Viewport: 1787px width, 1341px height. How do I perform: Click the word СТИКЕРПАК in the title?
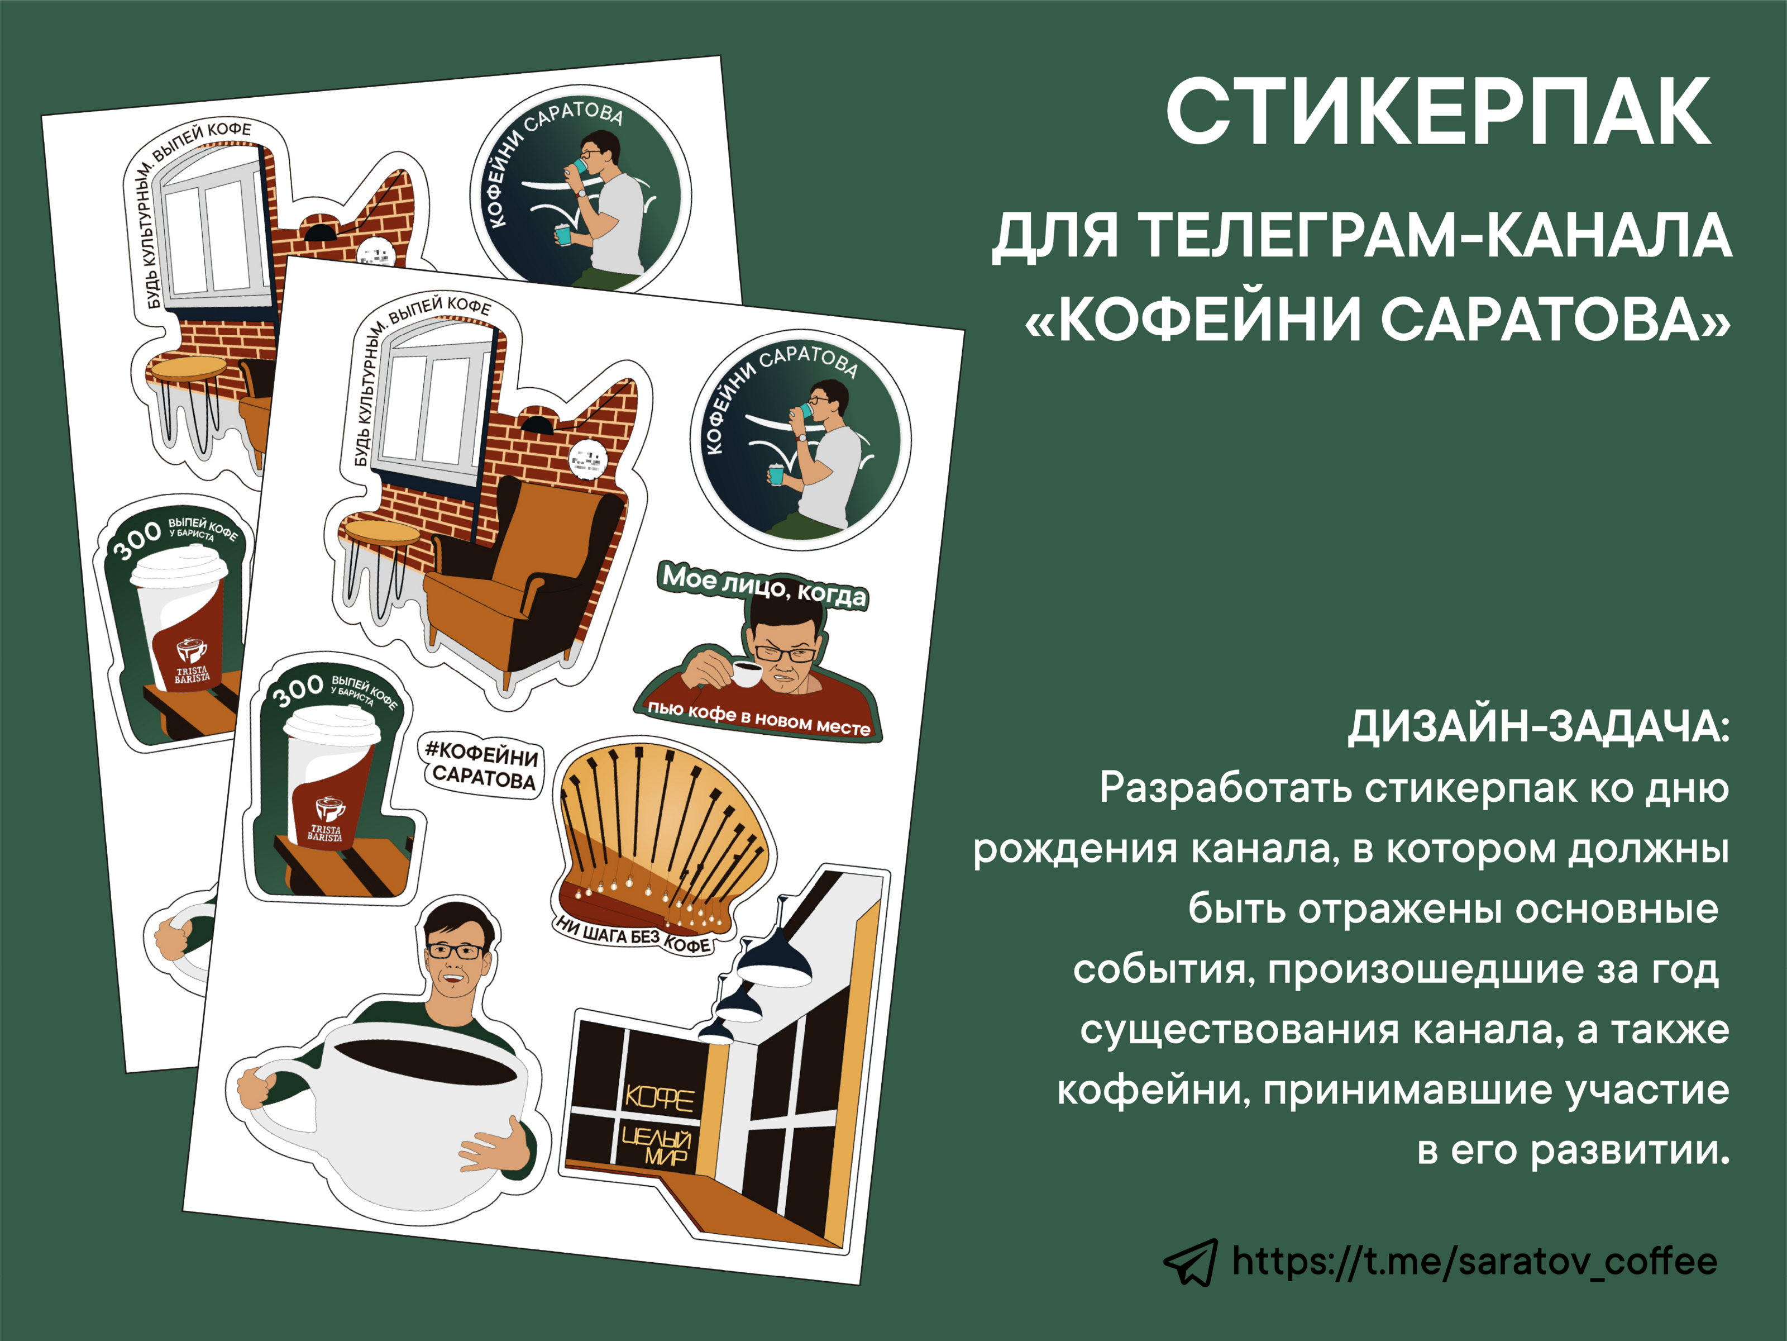tap(1438, 113)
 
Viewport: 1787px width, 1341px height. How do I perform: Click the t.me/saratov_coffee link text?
tap(1474, 1262)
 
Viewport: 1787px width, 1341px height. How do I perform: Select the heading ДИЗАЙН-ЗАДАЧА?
tap(1539, 727)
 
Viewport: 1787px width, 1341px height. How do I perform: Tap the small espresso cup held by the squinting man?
tap(746, 673)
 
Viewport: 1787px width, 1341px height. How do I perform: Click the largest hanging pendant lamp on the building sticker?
tap(775, 962)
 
